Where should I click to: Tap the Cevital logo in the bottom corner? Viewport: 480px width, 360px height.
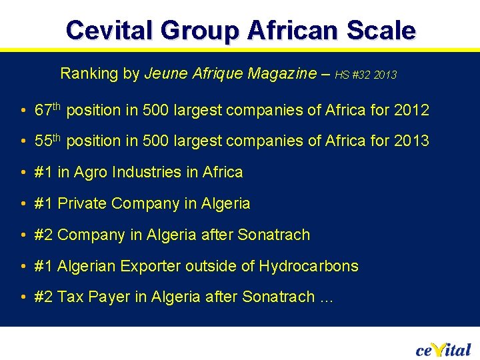click(443, 349)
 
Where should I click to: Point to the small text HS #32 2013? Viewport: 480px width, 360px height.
click(365, 75)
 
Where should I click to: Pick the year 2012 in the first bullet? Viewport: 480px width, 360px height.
click(410, 110)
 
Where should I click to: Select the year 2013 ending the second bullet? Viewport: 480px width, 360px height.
click(410, 141)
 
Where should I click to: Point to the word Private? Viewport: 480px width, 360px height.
click(83, 203)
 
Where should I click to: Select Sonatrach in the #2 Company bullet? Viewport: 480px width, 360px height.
click(274, 235)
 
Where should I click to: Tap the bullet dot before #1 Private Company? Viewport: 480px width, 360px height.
click(23, 204)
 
